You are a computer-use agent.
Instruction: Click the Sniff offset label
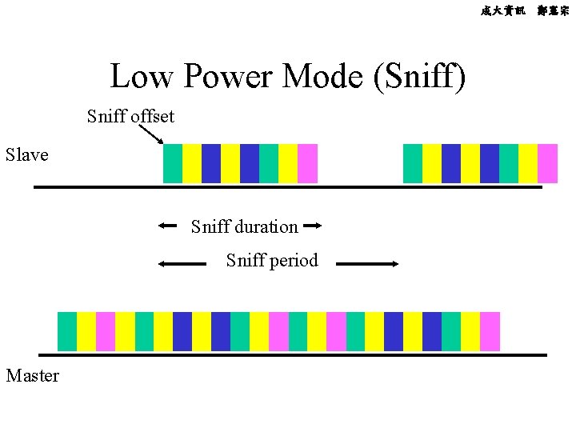click(x=130, y=117)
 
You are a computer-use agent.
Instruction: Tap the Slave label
click(x=26, y=154)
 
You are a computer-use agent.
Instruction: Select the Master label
click(x=32, y=374)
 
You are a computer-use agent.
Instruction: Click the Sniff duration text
click(x=244, y=227)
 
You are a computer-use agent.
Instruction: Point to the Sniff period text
click(x=272, y=261)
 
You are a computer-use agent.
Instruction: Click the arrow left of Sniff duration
click(x=167, y=226)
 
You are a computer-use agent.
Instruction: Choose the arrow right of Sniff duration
click(x=313, y=226)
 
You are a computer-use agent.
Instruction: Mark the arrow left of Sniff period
click(x=182, y=262)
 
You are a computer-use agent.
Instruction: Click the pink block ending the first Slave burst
click(x=308, y=163)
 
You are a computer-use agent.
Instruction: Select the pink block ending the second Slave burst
click(x=548, y=163)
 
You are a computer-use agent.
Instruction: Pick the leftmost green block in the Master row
click(x=67, y=331)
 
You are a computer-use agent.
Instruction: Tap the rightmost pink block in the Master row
click(x=490, y=331)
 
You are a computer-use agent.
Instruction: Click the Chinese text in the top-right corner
click(x=524, y=11)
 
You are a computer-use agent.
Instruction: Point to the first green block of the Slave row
click(x=173, y=163)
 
